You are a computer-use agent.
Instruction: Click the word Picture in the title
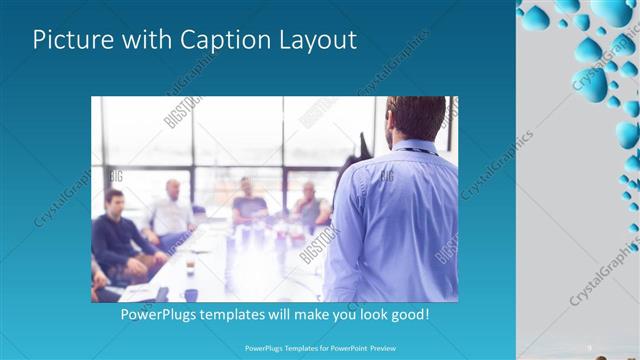point(74,40)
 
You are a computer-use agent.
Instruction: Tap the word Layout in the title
point(314,41)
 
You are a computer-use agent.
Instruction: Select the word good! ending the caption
point(408,314)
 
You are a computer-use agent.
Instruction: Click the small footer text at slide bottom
point(320,348)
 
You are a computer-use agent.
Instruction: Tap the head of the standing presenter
point(414,117)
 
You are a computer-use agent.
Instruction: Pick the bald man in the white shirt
point(171,212)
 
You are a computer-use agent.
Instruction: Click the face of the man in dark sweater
point(115,202)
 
